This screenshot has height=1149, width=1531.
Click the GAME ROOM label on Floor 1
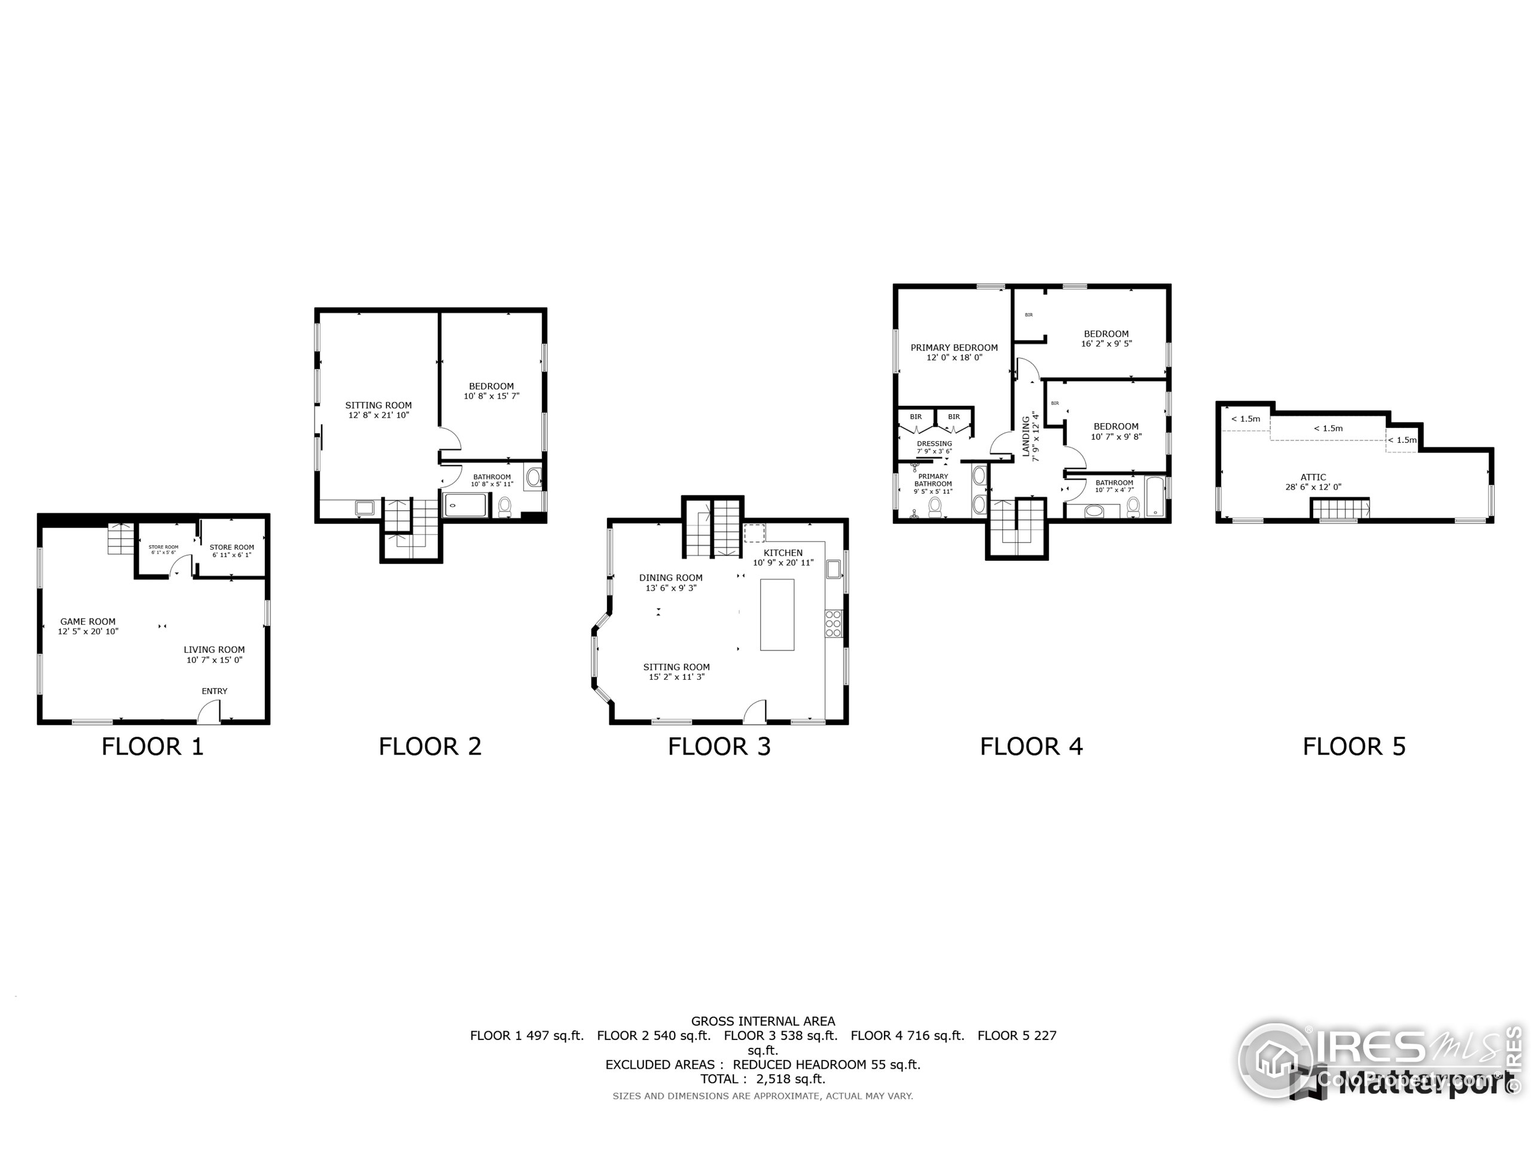click(88, 622)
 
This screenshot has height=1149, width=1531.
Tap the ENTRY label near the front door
click(215, 691)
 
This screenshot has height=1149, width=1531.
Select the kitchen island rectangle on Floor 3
click(777, 615)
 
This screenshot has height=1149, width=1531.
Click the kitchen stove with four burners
click(833, 624)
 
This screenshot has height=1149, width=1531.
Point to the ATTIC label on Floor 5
click(1313, 477)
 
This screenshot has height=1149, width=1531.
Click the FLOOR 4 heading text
click(1030, 747)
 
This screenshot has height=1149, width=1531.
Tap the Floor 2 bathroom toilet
click(505, 507)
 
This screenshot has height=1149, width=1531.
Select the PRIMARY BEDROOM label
click(954, 348)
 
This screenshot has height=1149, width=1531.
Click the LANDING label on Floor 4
click(1026, 436)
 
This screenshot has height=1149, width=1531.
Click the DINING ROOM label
click(670, 577)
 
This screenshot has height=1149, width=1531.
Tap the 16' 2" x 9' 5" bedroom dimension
click(1106, 344)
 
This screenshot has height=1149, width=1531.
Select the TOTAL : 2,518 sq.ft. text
click(763, 1079)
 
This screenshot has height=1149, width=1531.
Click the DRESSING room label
click(934, 444)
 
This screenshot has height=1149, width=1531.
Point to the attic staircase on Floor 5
click(1341, 509)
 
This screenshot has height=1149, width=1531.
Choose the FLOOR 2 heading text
click(430, 747)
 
